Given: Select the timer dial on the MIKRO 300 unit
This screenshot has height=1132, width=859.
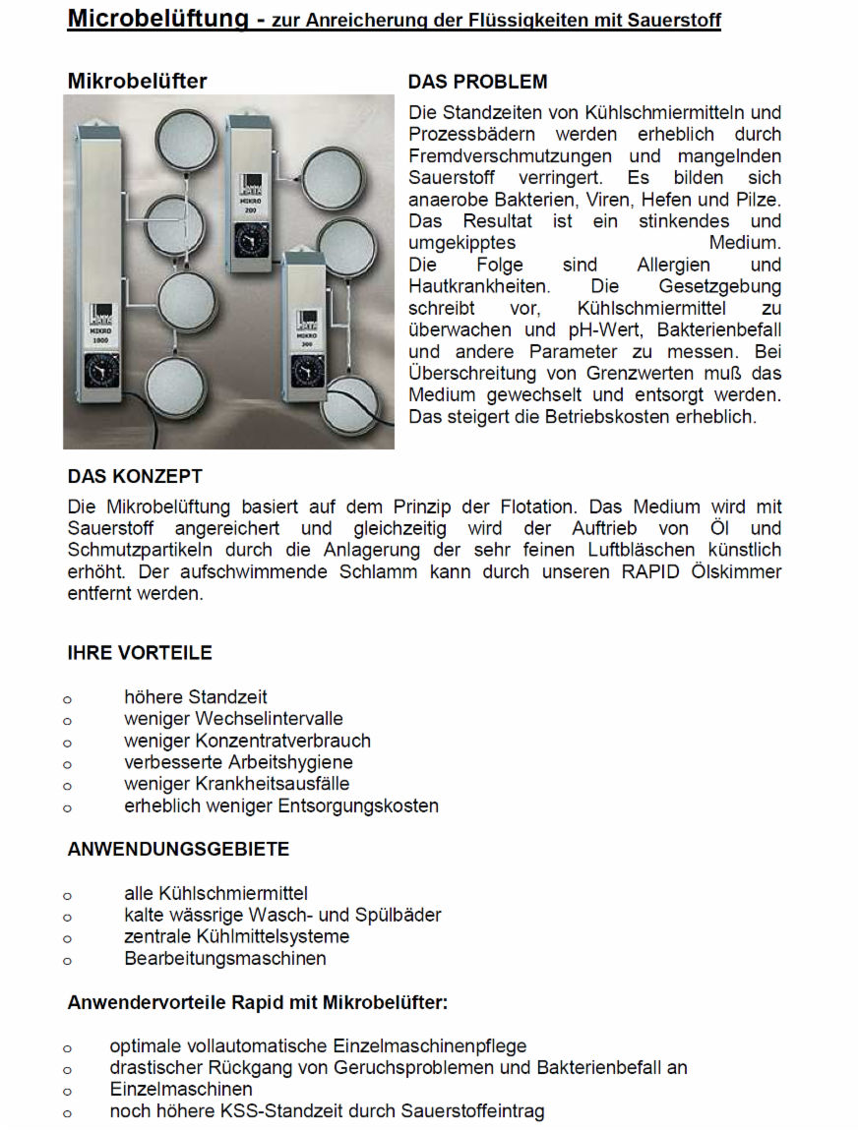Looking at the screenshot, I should (x=308, y=369).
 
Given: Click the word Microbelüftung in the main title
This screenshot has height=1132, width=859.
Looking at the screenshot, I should (x=157, y=19).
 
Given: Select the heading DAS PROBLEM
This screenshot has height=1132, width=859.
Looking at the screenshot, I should (x=477, y=82).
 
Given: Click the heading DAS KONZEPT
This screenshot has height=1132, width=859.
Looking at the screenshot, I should (x=135, y=476).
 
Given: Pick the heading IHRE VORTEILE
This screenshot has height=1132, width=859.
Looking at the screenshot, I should (x=140, y=653).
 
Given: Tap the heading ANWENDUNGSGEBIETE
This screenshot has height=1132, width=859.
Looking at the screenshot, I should (x=178, y=849).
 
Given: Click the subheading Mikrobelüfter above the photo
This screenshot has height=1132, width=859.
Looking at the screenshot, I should (x=137, y=82).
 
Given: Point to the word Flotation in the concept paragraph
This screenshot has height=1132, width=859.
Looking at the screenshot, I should (x=535, y=507).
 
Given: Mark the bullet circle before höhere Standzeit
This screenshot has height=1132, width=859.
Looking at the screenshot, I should (x=67, y=699).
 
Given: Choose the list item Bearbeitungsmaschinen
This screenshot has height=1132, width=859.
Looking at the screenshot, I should (x=224, y=958).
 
